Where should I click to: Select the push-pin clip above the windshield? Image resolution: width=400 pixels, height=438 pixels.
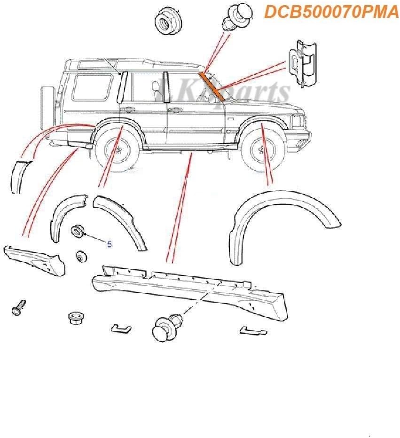(233, 17)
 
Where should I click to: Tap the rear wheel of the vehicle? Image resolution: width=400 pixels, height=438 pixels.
(117, 151)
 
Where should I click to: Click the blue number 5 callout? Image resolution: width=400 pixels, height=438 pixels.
(110, 244)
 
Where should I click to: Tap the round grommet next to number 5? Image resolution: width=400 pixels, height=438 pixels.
(77, 231)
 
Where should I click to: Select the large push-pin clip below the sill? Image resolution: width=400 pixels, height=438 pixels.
(165, 326)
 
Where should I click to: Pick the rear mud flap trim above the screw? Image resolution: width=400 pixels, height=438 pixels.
(33, 258)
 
